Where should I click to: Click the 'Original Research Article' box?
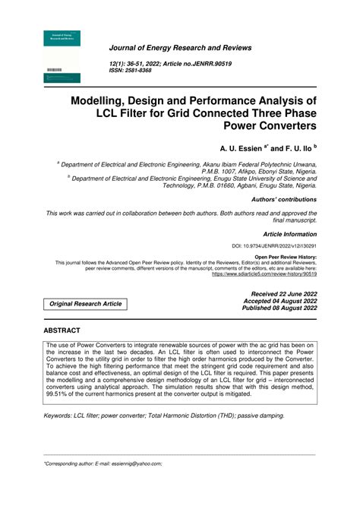pos(85,304)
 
